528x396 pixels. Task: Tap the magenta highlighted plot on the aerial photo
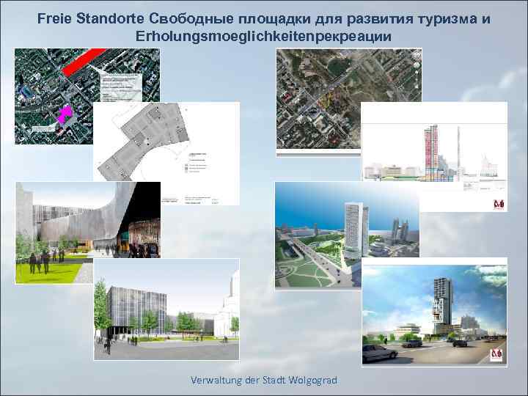click(65, 114)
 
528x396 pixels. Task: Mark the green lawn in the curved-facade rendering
click(51, 271)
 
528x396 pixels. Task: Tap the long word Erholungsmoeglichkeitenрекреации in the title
click(263, 37)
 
